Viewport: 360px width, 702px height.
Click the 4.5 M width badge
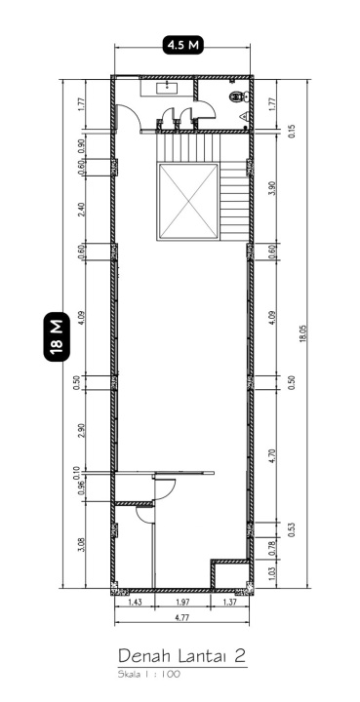pos(182,45)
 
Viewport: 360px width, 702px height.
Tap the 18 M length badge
pos(57,336)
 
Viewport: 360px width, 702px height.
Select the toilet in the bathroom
pos(238,96)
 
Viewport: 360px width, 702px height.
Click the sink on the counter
pos(167,88)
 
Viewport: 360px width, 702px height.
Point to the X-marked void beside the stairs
pos(188,202)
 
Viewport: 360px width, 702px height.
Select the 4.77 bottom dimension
pos(181,618)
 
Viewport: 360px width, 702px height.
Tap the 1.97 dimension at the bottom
pos(182,603)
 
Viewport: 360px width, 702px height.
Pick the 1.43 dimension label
pos(136,603)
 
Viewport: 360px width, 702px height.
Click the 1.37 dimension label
pos(229,603)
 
